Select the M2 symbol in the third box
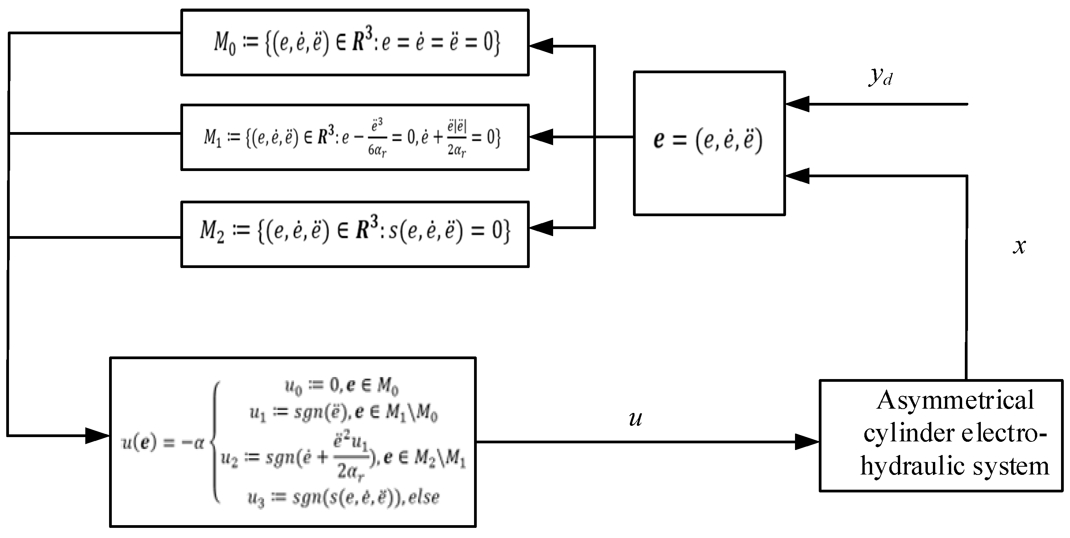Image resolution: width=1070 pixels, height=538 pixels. click(x=212, y=231)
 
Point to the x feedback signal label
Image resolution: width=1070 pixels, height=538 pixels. click(x=1019, y=246)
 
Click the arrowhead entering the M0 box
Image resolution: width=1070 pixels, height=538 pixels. click(x=541, y=46)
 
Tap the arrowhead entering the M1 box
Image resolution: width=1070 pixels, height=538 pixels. click(x=541, y=137)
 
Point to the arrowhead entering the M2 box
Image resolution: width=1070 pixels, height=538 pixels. click(x=541, y=228)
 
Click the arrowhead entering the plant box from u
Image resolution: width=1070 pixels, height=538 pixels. click(x=807, y=442)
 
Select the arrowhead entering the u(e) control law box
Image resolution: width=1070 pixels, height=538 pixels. click(x=97, y=436)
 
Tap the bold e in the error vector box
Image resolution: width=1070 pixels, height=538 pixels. click(x=658, y=140)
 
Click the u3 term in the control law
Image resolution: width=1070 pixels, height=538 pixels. click(x=256, y=498)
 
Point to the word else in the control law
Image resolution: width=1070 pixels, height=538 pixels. click(x=424, y=497)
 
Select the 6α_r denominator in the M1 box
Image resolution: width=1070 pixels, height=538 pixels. click(x=377, y=150)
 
